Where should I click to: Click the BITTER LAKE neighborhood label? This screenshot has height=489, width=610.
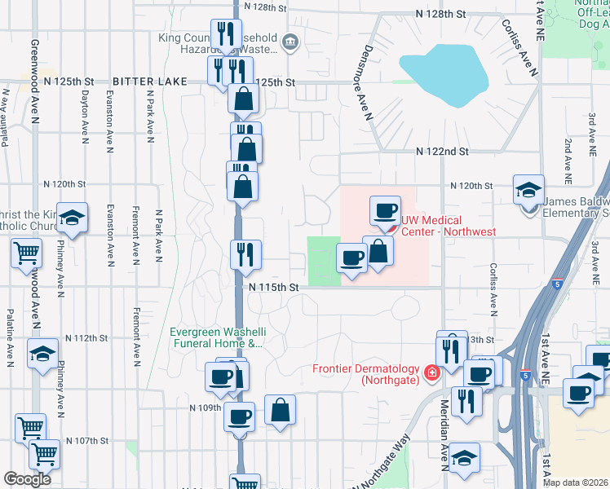(149, 81)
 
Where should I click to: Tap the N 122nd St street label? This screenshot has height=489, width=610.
(442, 152)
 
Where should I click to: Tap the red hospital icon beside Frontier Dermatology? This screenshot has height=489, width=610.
(431, 373)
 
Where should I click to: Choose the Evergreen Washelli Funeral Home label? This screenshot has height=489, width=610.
(216, 337)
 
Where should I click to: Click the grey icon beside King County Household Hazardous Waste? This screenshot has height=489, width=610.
(290, 42)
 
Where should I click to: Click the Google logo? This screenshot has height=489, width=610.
(27, 479)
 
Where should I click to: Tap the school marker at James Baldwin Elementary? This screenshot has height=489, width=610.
(528, 191)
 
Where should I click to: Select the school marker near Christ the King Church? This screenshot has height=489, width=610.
(73, 217)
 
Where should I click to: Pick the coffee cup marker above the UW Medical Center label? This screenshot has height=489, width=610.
(385, 209)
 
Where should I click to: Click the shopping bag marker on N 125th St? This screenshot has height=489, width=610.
(243, 99)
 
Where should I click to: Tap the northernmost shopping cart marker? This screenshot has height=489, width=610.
(27, 253)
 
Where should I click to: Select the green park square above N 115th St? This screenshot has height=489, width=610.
(322, 261)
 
